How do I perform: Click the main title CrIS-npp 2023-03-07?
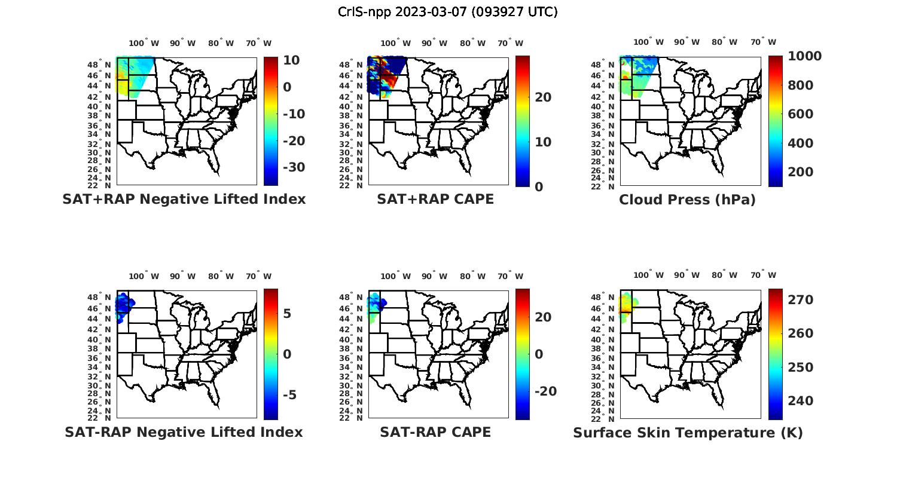448,12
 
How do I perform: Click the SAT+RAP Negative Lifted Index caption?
184,199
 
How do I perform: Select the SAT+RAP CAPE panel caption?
435,199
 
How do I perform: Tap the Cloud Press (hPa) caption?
687,200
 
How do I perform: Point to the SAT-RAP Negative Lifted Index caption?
184,432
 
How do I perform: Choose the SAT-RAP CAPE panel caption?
435,432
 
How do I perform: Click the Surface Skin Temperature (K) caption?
688,433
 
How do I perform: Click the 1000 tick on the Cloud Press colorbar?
804,56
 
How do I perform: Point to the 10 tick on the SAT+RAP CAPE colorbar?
543,142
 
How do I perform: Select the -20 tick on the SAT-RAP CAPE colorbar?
545,391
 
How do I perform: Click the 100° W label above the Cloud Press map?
648,42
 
